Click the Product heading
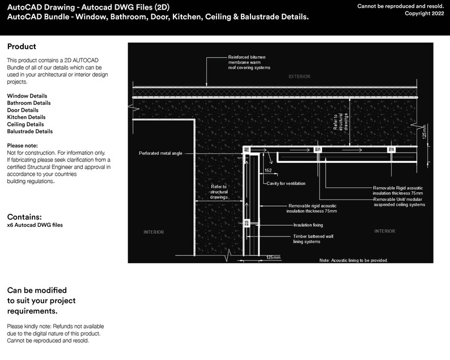[x=22, y=46]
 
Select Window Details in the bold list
[x=27, y=96]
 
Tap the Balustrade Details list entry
[x=30, y=131]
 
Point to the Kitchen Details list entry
[x=26, y=117]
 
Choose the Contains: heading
[x=25, y=217]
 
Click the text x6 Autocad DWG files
[x=35, y=225]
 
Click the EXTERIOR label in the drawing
[x=299, y=76]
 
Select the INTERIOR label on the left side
[x=154, y=232]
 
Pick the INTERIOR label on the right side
[x=385, y=231]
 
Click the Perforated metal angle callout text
[x=160, y=153]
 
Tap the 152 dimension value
[x=268, y=170]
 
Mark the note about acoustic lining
[x=353, y=260]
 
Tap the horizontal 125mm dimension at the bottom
[x=273, y=257]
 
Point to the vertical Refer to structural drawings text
[x=339, y=121]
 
